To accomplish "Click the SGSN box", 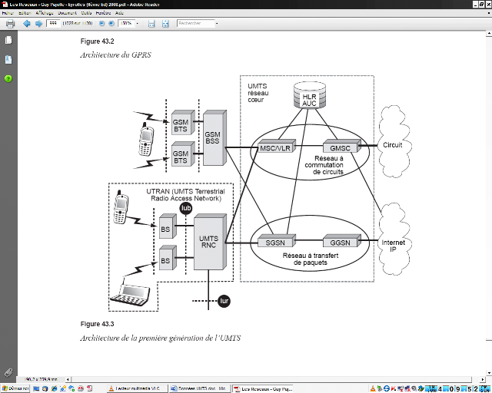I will pyautogui.click(x=274, y=243).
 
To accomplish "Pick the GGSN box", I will pyautogui.click(x=341, y=243).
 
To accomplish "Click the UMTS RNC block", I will pyautogui.click(x=208, y=240).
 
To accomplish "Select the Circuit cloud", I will pyautogui.click(x=393, y=144).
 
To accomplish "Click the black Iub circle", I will pyautogui.click(x=186, y=208).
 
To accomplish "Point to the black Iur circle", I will pyautogui.click(x=224, y=301).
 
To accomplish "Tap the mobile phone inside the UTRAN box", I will pyautogui.click(x=120, y=209).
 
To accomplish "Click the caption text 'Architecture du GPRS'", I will pyautogui.click(x=113, y=55).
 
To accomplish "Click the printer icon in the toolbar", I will pyautogui.click(x=10, y=24).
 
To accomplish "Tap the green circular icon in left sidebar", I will pyautogui.click(x=8, y=78).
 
